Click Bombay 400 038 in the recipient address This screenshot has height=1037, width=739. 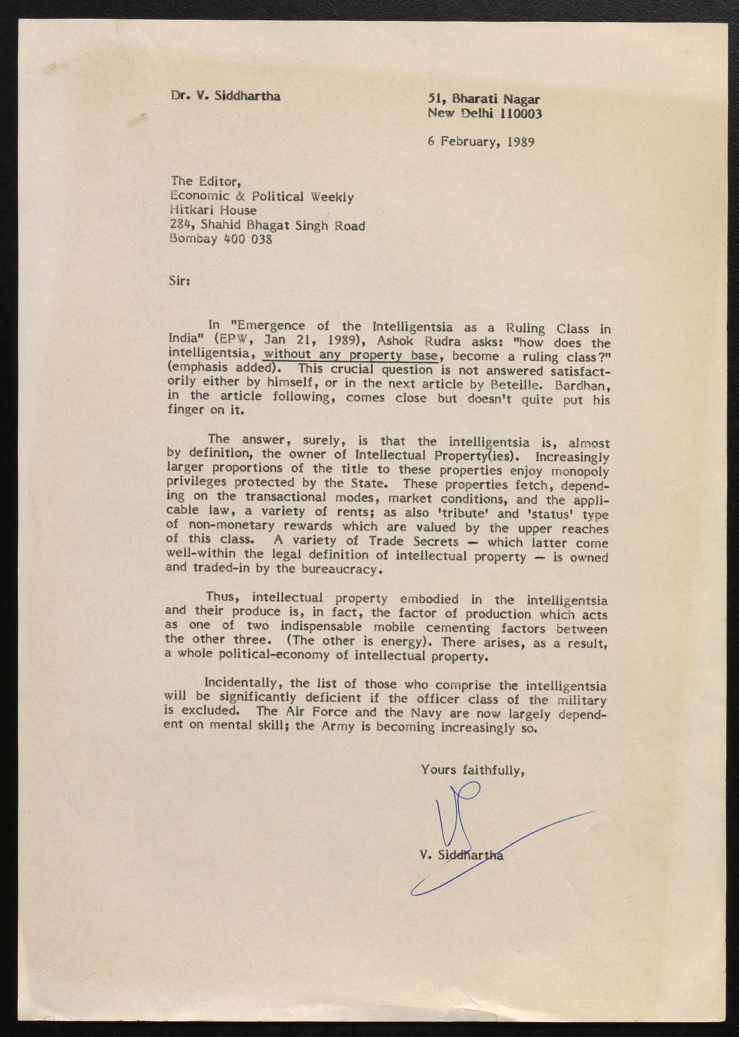point(221,239)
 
